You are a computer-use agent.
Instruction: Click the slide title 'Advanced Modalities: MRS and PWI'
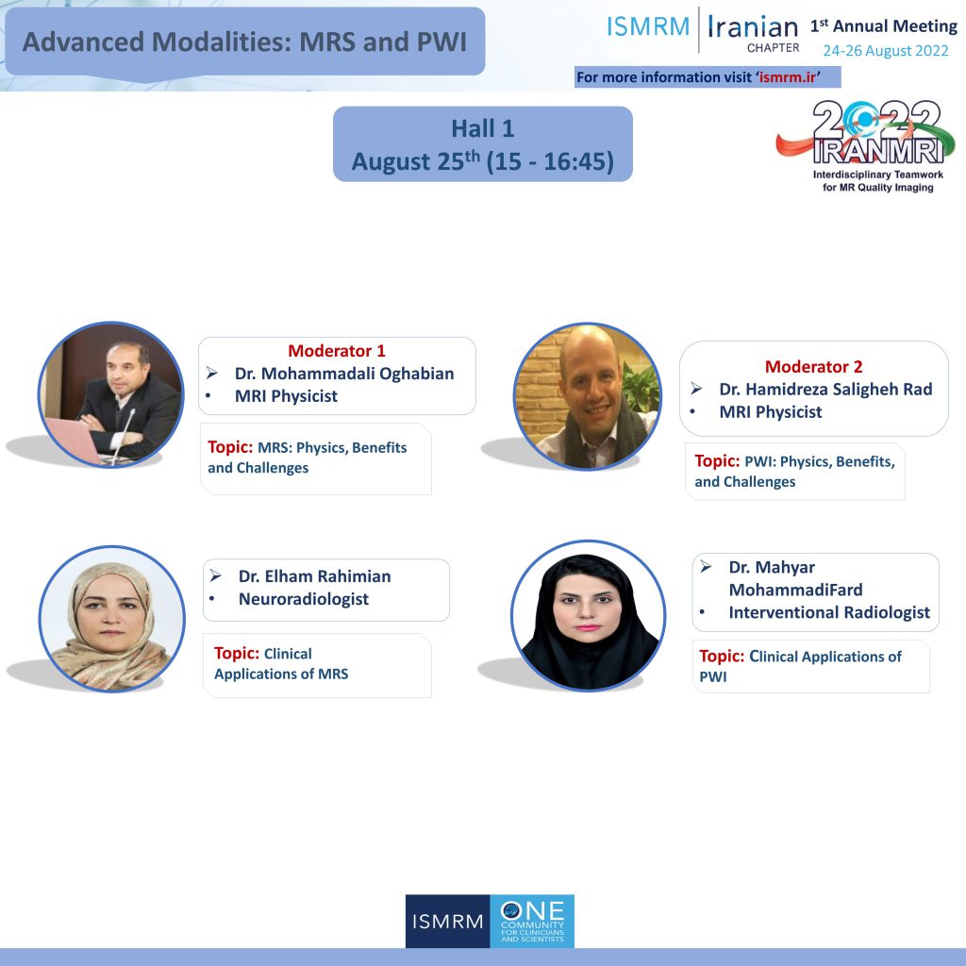244,42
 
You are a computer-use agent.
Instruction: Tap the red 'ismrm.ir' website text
788,77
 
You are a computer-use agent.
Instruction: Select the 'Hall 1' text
482,128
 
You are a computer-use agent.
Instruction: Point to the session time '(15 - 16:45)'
550,161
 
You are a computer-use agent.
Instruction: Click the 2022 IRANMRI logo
866,146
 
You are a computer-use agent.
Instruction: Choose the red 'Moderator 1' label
337,351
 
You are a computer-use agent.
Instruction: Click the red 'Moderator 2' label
813,367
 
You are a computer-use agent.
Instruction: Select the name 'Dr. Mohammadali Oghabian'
344,374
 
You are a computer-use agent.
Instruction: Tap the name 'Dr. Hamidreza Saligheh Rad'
825,390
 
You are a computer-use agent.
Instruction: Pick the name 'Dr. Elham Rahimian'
315,576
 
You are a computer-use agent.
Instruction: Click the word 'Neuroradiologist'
304,599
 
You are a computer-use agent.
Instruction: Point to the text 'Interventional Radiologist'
829,612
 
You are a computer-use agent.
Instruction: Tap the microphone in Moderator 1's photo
124,434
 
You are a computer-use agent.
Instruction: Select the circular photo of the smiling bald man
587,395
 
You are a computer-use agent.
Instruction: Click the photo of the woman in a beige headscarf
111,619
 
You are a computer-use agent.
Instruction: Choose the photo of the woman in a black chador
588,615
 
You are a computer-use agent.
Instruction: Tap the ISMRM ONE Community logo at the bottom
490,921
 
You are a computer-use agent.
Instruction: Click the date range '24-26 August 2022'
885,51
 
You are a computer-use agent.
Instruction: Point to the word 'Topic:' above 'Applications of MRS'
237,653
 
